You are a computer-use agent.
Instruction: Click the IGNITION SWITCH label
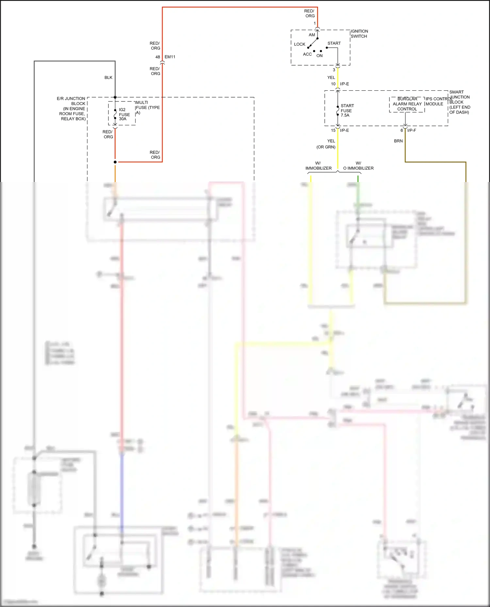tap(359, 34)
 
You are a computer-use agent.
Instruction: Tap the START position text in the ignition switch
tap(334, 43)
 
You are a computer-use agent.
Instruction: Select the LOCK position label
tap(299, 44)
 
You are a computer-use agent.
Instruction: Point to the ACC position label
tap(307, 54)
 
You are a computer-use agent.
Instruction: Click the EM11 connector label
tap(170, 57)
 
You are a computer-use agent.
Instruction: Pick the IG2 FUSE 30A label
tap(124, 114)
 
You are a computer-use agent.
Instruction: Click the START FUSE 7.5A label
tap(347, 110)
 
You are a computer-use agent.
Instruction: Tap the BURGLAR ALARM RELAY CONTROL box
tap(407, 104)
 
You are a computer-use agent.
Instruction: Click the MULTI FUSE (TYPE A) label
tap(147, 107)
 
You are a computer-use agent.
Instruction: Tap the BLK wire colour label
tap(108, 78)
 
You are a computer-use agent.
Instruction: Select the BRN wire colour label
tap(398, 141)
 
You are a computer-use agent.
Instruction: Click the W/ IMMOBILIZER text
tap(318, 166)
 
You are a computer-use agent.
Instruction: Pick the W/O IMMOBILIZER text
tap(358, 166)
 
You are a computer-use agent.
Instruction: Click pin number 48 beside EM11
tap(158, 57)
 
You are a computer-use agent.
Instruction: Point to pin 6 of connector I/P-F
tap(401, 130)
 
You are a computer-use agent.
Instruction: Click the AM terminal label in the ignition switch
tap(312, 35)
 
